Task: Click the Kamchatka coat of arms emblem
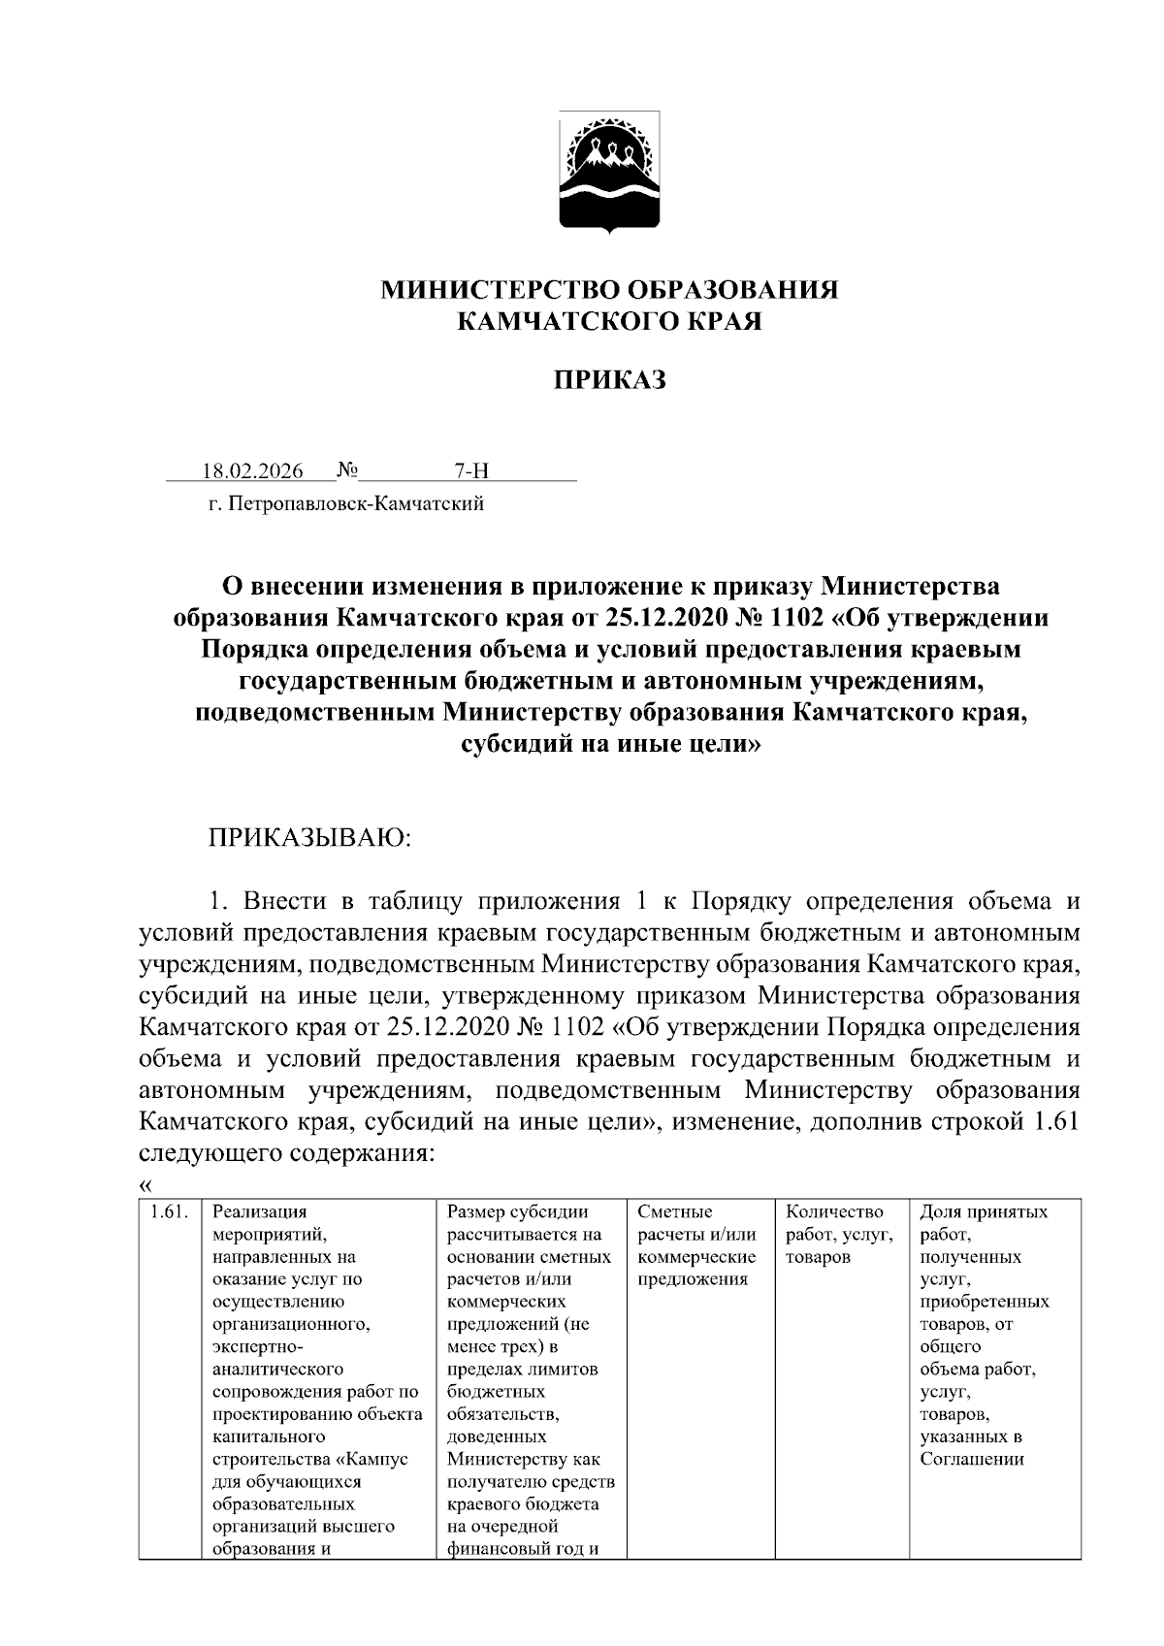tap(610, 172)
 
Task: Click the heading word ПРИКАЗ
tap(610, 380)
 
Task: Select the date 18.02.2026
tap(252, 472)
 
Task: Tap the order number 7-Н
tap(471, 472)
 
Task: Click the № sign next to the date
tap(347, 472)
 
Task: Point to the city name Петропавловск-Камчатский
tap(355, 503)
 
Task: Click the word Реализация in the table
tap(260, 1211)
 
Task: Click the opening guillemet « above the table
tap(146, 1185)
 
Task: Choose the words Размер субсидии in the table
tap(518, 1211)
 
